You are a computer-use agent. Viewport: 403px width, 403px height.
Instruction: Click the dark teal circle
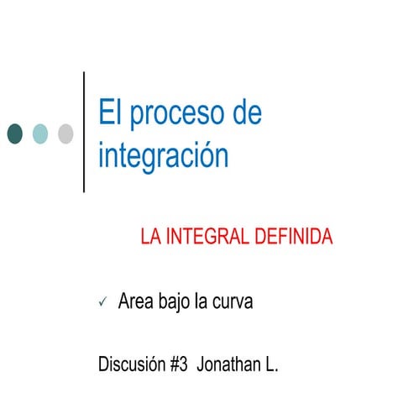click(15, 133)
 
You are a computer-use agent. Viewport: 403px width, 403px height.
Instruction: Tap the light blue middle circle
click(40, 133)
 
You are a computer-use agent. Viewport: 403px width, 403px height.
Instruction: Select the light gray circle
click(65, 133)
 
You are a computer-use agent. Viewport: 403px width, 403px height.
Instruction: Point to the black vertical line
click(84, 132)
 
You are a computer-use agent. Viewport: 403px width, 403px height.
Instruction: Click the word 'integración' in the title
click(163, 156)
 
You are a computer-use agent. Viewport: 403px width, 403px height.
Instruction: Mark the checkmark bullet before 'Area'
click(102, 302)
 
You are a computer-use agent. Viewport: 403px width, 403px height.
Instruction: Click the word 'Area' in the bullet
click(136, 301)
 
